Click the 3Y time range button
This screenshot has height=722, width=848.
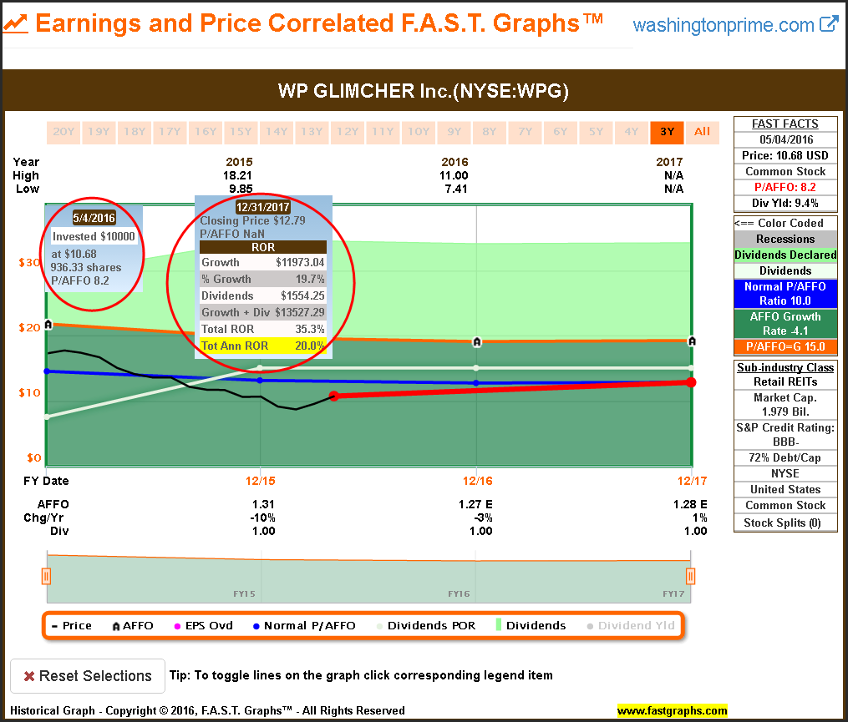667,132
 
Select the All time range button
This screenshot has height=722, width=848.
702,132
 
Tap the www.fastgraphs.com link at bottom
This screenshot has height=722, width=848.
672,711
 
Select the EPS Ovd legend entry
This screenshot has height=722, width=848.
206,625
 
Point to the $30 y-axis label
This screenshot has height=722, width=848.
29,262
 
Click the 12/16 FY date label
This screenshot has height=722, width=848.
475,481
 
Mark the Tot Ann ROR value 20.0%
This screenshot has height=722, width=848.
309,346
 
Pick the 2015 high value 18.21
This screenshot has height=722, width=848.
239,176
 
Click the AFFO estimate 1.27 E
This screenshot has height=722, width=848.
475,504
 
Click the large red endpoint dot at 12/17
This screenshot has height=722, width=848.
691,382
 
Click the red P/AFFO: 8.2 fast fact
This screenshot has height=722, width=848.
785,187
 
